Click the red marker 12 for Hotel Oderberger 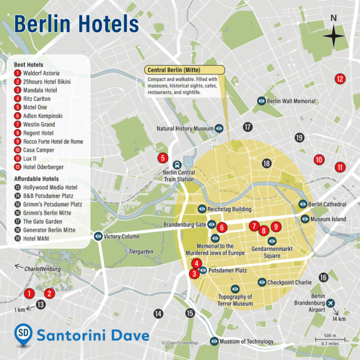pyautogui.click(x=340, y=79)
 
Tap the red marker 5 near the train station pyautogui.click(x=163, y=157)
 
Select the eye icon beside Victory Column pyautogui.click(x=98, y=236)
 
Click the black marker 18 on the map pyautogui.click(x=266, y=163)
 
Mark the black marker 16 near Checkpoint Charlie pyautogui.click(x=324, y=277)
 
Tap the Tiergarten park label pyautogui.click(x=142, y=252)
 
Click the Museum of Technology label pyautogui.click(x=246, y=342)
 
